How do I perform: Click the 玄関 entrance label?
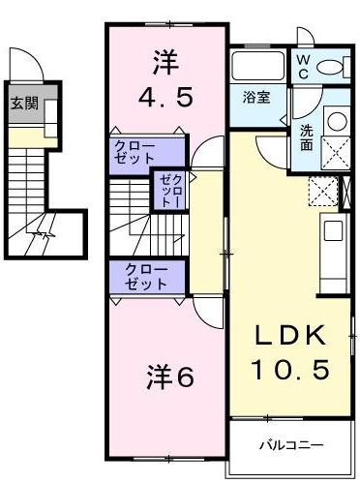[25, 104]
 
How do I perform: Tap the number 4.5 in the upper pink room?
[165, 98]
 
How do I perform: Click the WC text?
[303, 66]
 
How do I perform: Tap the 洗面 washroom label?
[306, 137]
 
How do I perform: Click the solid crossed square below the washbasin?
[336, 156]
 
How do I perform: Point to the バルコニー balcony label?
[290, 446]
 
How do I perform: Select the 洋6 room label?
[170, 377]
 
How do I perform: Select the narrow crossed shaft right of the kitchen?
[346, 191]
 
